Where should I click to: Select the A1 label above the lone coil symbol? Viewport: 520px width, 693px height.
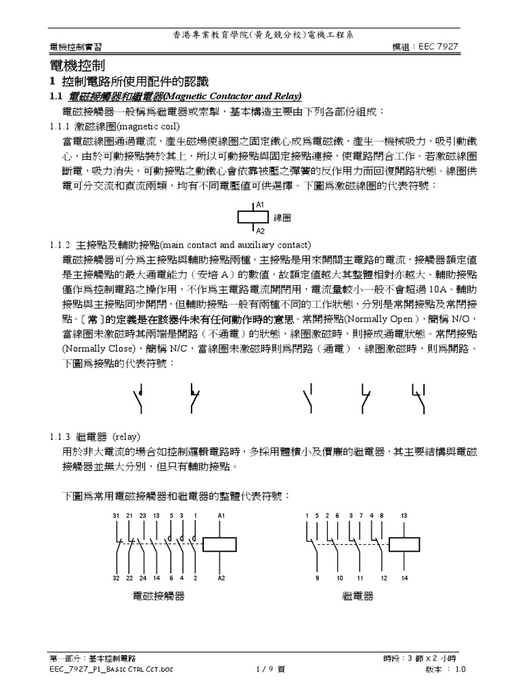tap(261, 204)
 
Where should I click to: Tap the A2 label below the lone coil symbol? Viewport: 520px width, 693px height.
tap(261, 231)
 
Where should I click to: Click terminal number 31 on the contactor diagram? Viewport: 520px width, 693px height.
tap(116, 516)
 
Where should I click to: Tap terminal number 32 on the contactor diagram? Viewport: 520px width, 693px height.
tap(116, 579)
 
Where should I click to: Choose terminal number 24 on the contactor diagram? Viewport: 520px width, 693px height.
tap(144, 579)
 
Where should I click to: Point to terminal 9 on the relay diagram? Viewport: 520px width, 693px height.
tap(317, 579)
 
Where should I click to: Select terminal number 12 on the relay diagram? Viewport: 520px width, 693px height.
tap(384, 579)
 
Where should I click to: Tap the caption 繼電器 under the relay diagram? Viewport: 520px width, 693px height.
tap(359, 596)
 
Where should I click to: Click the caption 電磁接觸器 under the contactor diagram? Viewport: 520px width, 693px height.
tap(158, 596)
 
